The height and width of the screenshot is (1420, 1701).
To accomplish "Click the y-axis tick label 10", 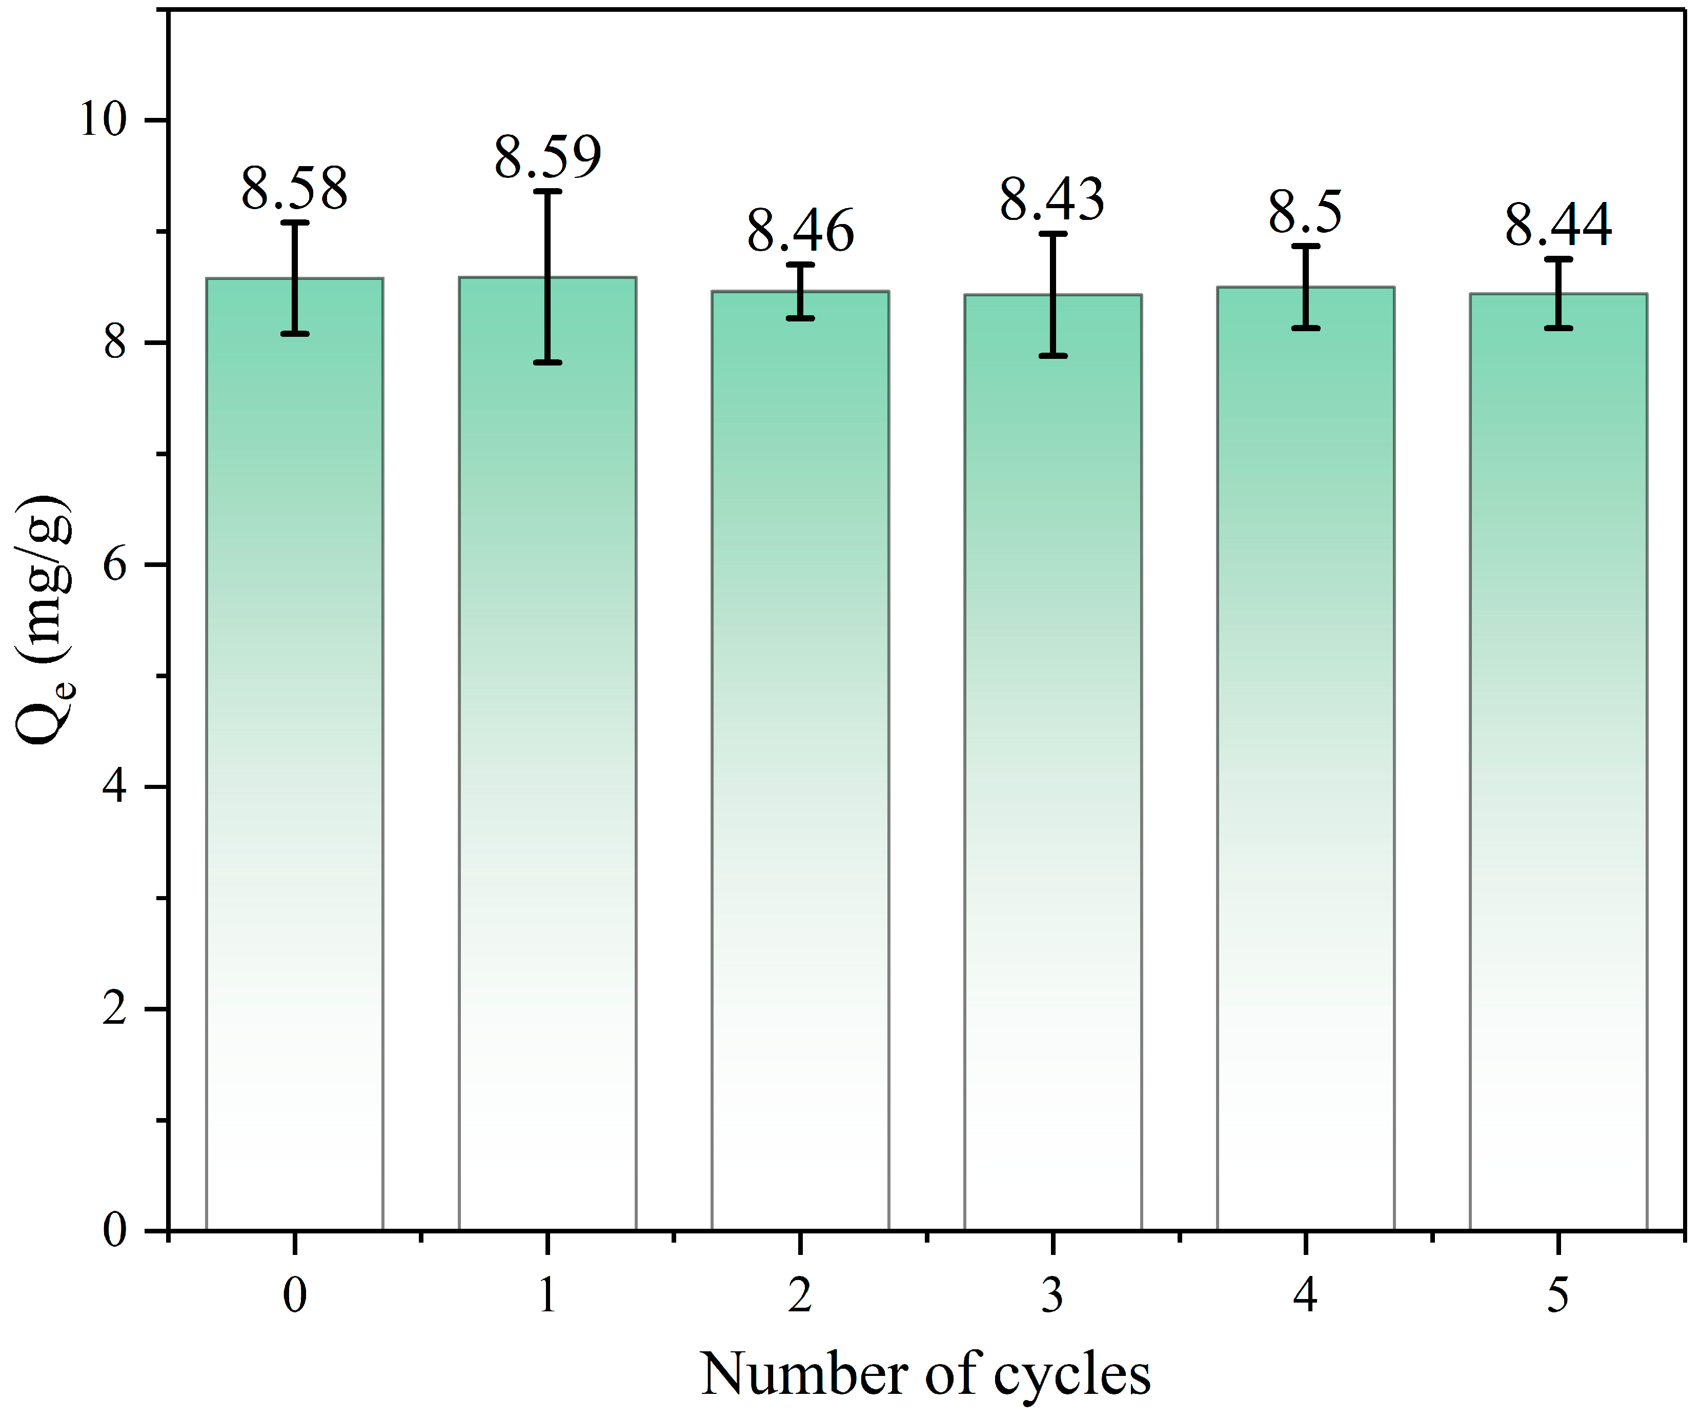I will point(103,120).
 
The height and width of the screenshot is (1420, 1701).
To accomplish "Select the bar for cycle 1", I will point(548,769).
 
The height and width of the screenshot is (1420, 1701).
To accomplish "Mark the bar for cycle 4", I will point(1305,769).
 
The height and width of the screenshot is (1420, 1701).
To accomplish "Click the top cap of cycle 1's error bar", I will point(548,191).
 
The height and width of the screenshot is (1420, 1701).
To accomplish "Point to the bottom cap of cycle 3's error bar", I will point(1052,356).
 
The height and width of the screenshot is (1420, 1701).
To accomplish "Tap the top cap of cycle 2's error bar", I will point(800,264).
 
